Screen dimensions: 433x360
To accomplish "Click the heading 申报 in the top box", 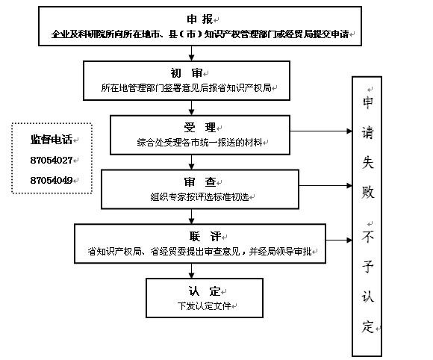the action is (x=199, y=19).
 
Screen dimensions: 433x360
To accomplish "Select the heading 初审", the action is (x=187, y=73).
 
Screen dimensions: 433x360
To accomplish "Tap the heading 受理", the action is (x=200, y=128).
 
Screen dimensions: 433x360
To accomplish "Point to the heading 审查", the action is (x=200, y=182).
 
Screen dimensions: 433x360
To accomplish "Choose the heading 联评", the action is (x=205, y=237).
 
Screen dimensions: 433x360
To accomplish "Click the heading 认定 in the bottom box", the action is (x=205, y=291).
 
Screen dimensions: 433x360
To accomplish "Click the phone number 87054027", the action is (x=52, y=161).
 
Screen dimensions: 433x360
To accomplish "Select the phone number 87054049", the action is (x=52, y=181).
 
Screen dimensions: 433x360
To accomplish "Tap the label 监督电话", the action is (x=52, y=140).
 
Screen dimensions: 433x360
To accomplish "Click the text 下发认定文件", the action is (x=204, y=305).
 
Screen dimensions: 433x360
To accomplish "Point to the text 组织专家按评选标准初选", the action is (x=199, y=197).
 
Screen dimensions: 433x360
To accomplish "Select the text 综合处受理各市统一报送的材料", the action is (x=199, y=143).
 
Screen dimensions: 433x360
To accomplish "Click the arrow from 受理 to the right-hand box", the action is (x=321, y=131).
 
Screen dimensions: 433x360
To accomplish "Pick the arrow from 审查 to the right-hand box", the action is (x=325, y=186).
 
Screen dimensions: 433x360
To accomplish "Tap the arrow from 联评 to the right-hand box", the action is (x=339, y=240).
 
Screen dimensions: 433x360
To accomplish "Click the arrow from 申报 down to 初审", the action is (x=191, y=53).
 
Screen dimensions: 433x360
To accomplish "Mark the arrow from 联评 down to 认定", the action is (x=191, y=271).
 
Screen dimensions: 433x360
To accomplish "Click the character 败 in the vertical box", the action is (x=367, y=192).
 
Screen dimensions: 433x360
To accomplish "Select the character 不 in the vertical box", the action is (x=367, y=237).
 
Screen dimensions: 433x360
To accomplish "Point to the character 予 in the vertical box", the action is (x=367, y=267).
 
